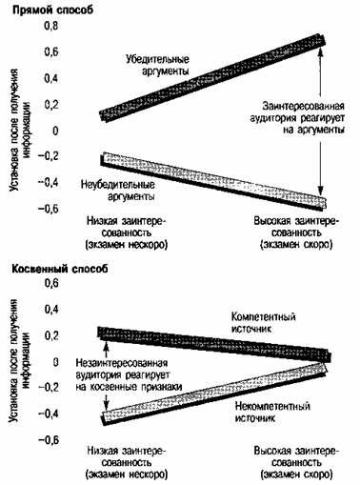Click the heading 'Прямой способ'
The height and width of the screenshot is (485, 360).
(52, 10)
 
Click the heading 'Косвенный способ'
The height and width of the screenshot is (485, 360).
(60, 269)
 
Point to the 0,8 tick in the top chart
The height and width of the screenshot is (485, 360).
(51, 26)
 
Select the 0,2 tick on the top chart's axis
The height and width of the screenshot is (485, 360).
(51, 105)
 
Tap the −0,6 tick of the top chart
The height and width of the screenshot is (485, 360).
(49, 209)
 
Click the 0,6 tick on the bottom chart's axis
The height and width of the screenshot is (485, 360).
(51, 283)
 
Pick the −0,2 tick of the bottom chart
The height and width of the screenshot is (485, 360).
(49, 388)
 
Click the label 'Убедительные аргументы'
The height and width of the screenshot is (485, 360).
(157, 65)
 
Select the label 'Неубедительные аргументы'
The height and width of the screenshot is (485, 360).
(118, 191)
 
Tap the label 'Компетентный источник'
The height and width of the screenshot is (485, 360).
(264, 322)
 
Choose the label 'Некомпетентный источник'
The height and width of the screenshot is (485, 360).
(272, 412)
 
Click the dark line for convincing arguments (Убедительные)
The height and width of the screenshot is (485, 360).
(212, 77)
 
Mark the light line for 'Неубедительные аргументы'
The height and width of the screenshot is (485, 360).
(213, 180)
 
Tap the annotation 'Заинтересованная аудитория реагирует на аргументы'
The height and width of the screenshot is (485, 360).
(297, 117)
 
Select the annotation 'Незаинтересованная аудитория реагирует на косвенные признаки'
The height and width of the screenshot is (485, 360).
(129, 374)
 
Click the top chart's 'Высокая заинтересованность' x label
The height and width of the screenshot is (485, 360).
(296, 232)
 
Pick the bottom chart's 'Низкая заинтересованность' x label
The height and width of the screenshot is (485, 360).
(127, 463)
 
